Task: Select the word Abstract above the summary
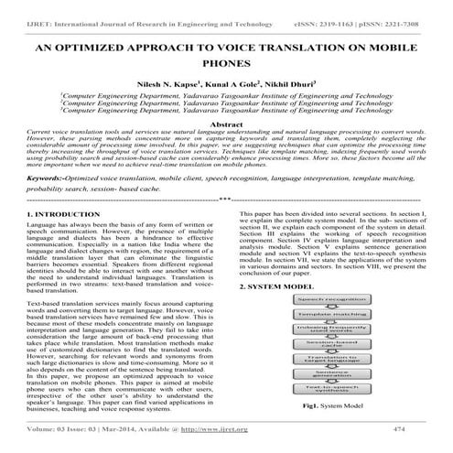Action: (226, 123)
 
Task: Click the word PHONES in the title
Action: (226, 63)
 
